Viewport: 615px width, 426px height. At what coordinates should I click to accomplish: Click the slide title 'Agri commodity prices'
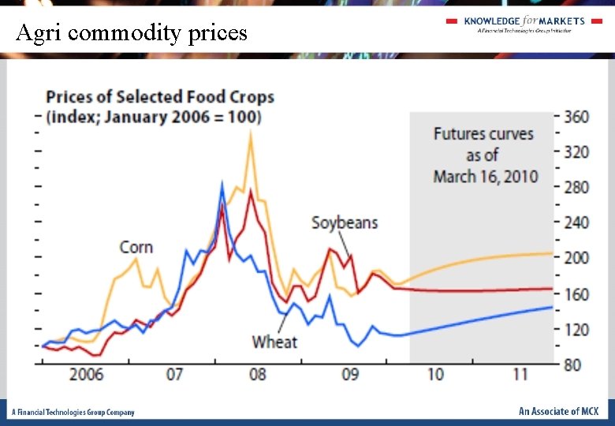[x=132, y=33]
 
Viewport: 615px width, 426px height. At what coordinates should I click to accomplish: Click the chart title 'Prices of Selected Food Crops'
[x=160, y=97]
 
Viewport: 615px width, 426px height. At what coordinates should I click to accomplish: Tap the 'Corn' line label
[x=136, y=248]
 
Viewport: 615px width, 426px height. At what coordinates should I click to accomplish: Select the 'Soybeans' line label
[x=345, y=222]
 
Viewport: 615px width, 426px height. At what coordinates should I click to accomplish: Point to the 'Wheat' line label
[x=274, y=342]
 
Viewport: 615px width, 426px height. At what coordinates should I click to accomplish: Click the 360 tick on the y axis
[x=576, y=117]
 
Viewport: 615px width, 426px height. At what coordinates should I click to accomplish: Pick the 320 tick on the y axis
[x=576, y=152]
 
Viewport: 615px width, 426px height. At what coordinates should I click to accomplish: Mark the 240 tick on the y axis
[x=576, y=222]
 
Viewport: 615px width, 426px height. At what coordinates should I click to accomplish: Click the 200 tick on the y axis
[x=576, y=258]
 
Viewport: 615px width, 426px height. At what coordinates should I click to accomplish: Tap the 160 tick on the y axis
[x=576, y=294]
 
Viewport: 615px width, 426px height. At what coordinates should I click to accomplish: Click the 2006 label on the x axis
[x=86, y=375]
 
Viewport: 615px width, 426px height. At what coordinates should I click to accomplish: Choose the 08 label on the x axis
[x=258, y=375]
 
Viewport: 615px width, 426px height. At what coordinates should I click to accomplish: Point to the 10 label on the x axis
[x=435, y=375]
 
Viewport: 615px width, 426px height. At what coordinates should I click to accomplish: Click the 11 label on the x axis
[x=520, y=375]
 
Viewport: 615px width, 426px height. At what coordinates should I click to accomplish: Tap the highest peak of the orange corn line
[x=251, y=133]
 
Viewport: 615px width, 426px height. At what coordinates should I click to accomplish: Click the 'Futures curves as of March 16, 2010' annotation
[x=483, y=155]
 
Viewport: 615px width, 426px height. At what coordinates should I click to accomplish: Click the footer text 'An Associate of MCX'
[x=558, y=412]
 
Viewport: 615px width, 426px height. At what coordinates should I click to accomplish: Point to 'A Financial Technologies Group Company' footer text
[x=73, y=413]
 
